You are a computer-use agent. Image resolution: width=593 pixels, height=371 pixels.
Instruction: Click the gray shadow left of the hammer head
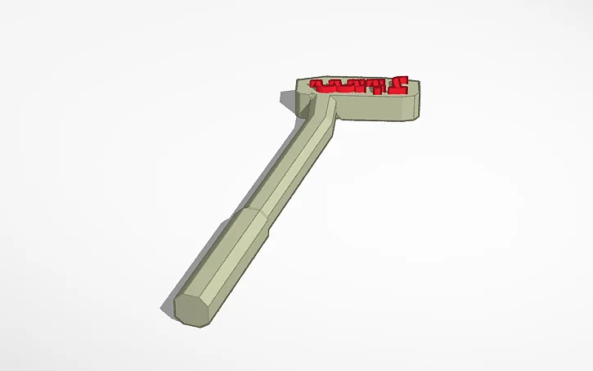[x=288, y=100]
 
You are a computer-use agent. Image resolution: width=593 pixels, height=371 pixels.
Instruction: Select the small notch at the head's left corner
[x=312, y=96]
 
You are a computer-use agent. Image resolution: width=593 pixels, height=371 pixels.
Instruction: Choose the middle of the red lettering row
[x=360, y=84]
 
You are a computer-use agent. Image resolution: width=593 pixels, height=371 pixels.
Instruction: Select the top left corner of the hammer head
[x=297, y=80]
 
